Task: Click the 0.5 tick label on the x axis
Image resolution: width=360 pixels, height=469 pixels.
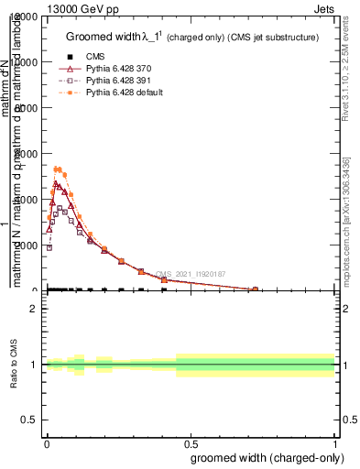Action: (x=191, y=442)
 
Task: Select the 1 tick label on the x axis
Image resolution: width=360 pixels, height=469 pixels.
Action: (x=335, y=442)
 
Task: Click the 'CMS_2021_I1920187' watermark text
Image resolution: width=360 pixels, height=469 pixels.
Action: (x=190, y=274)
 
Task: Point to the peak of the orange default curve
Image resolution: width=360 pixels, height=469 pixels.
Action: (x=58, y=169)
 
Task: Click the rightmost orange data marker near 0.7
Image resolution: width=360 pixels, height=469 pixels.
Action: (x=255, y=289)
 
